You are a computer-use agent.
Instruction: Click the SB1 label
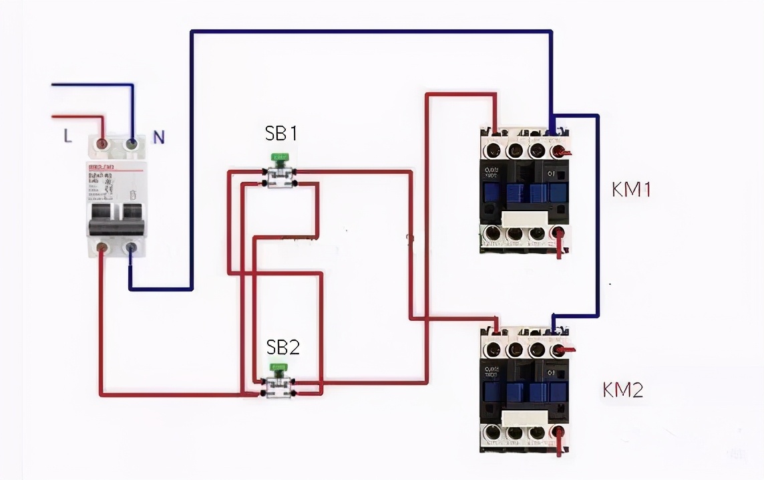(280, 134)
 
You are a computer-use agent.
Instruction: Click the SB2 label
(283, 347)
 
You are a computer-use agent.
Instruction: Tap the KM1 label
(631, 189)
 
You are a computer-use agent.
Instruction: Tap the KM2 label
(623, 389)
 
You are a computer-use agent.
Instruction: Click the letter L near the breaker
(67, 136)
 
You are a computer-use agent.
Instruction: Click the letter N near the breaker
(158, 137)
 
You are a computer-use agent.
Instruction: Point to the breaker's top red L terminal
(102, 144)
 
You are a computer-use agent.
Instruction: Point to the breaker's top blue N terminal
(132, 143)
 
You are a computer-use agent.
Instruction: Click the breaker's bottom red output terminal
(102, 249)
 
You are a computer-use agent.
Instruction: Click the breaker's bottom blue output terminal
(132, 249)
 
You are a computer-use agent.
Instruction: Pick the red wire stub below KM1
(560, 248)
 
